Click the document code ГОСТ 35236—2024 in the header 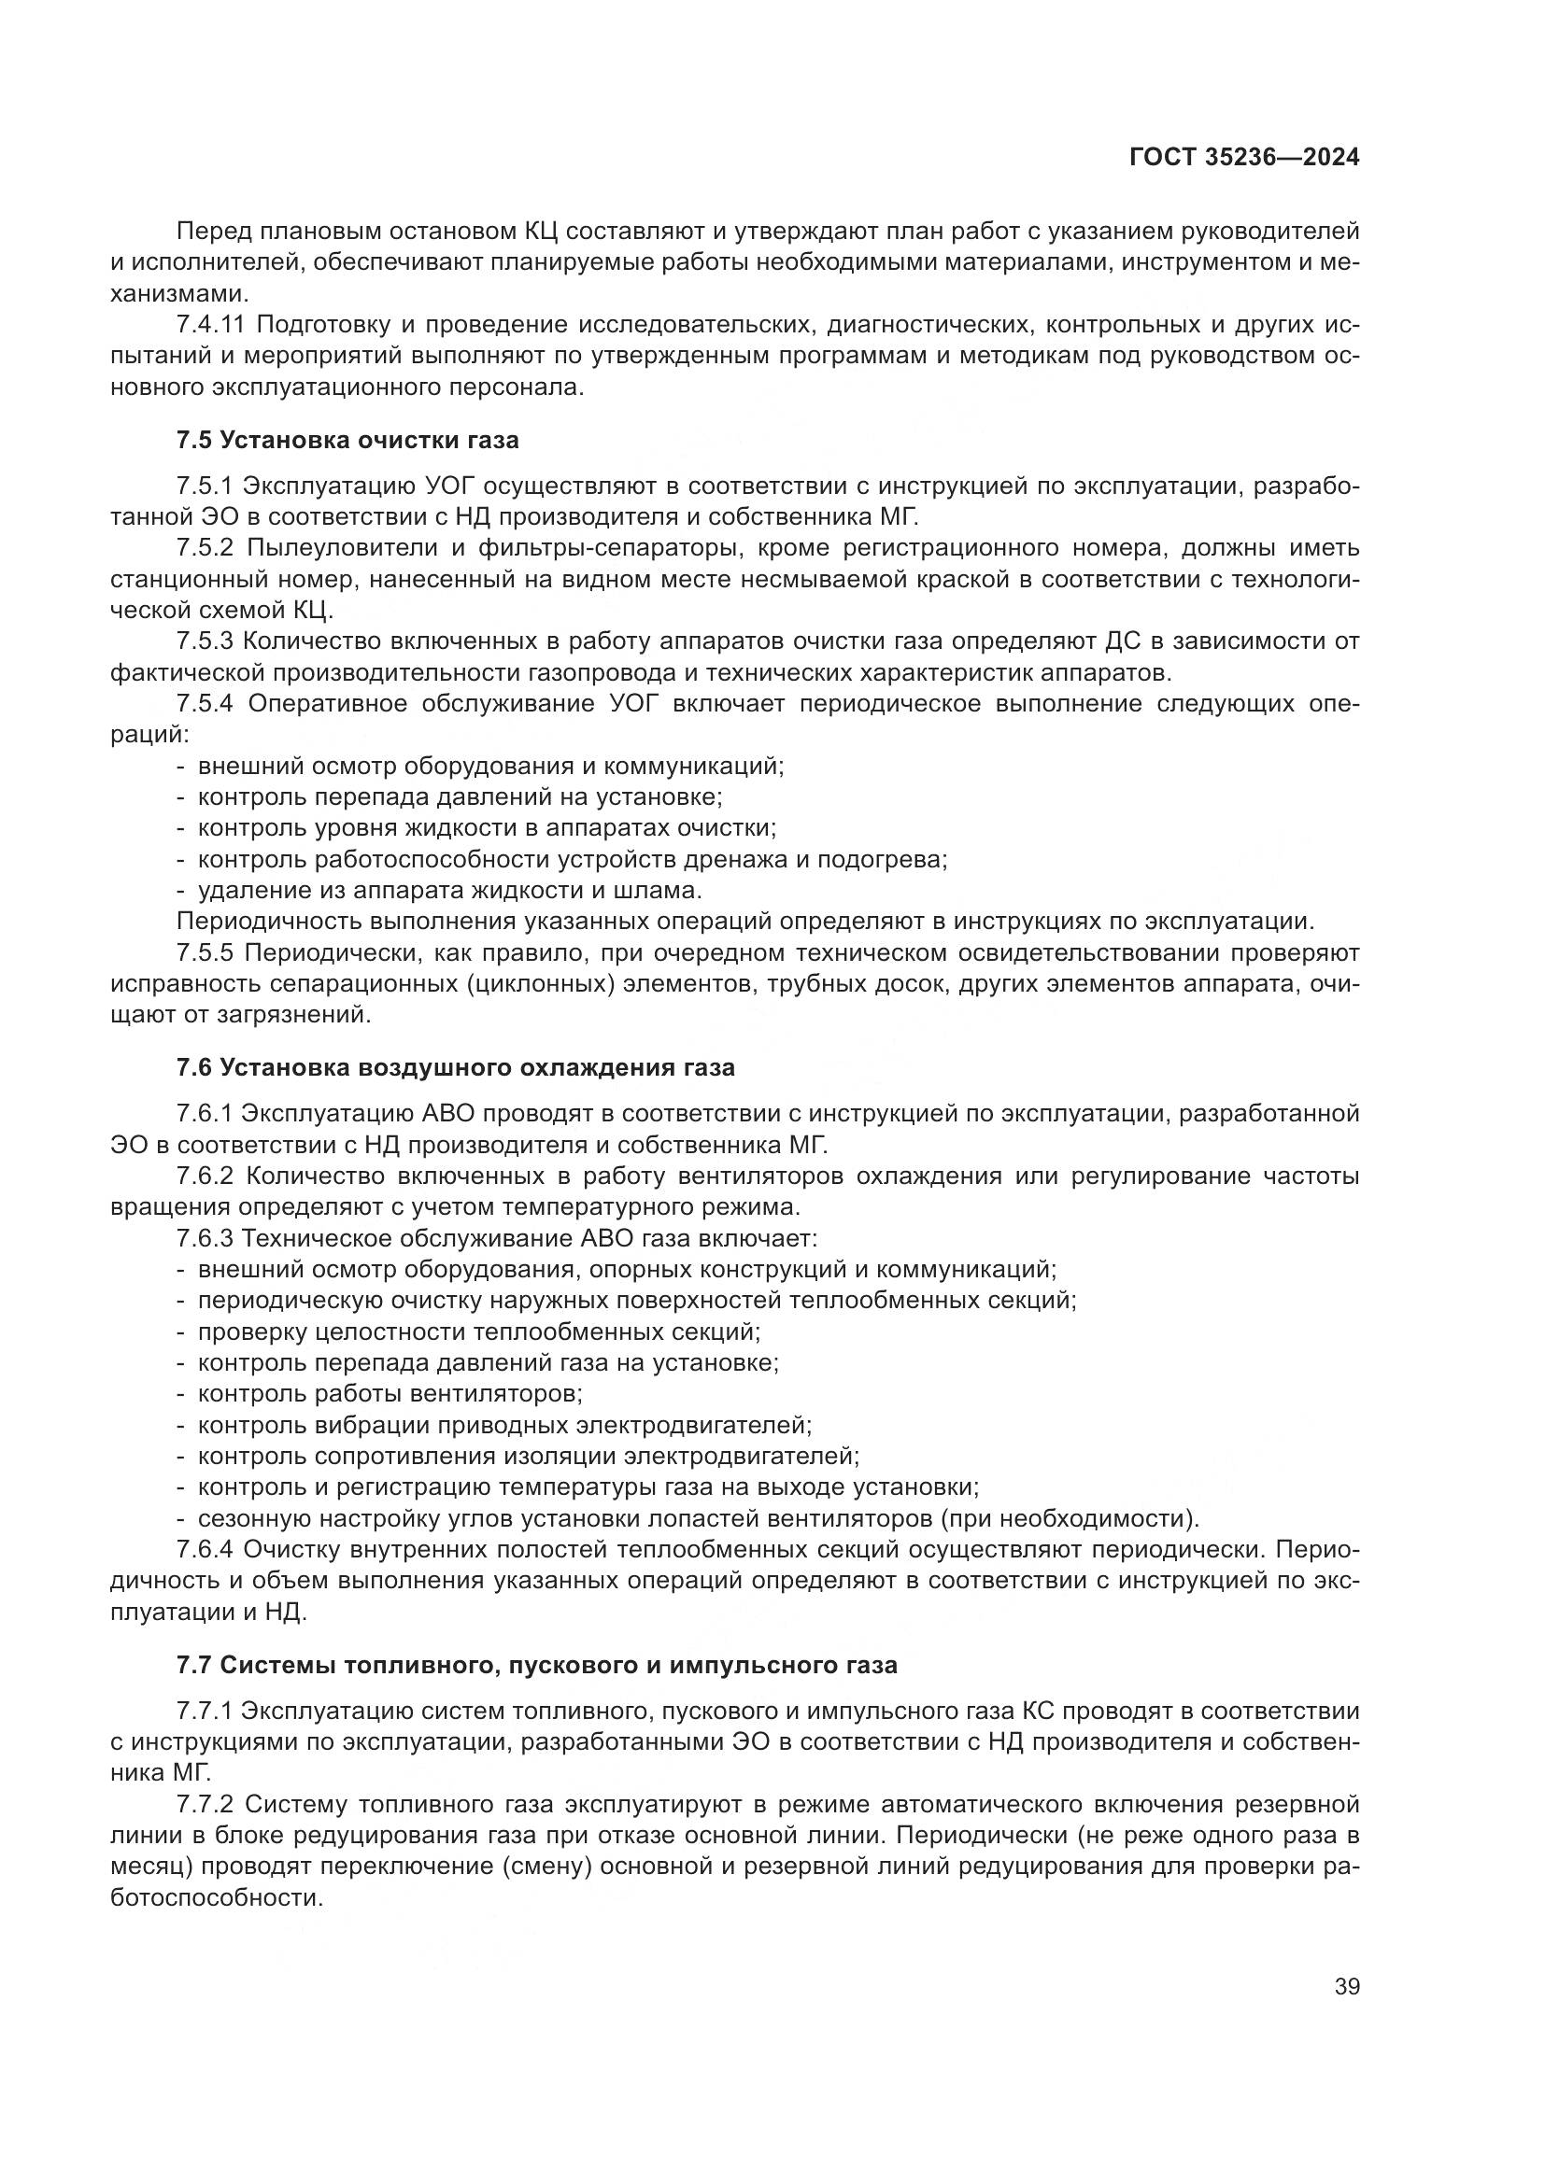tap(1243, 158)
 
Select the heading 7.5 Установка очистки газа tap(347, 441)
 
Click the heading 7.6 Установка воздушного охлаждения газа tap(455, 1067)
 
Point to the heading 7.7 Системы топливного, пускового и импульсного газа tap(536, 1666)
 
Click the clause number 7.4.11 tap(210, 325)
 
